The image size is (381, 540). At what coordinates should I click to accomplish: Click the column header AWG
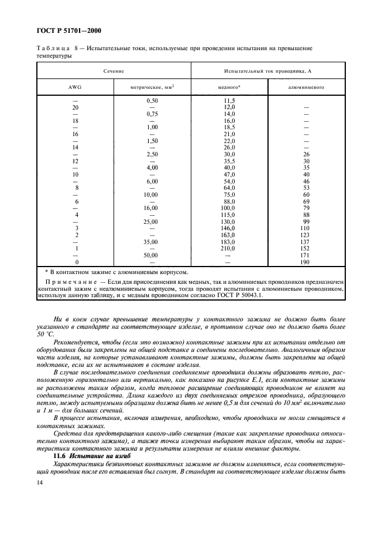coord(76,88)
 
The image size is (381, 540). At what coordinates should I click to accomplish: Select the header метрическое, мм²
coord(152,88)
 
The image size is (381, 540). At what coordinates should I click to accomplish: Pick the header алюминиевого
coord(306,88)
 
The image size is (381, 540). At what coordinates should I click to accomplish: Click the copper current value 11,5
coord(229,101)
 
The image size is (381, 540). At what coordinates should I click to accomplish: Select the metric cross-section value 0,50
coord(152,101)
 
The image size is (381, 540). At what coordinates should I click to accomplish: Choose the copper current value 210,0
coord(229,249)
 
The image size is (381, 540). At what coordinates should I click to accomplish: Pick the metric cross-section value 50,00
coord(152,254)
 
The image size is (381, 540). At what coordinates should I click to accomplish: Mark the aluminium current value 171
coord(307,254)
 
